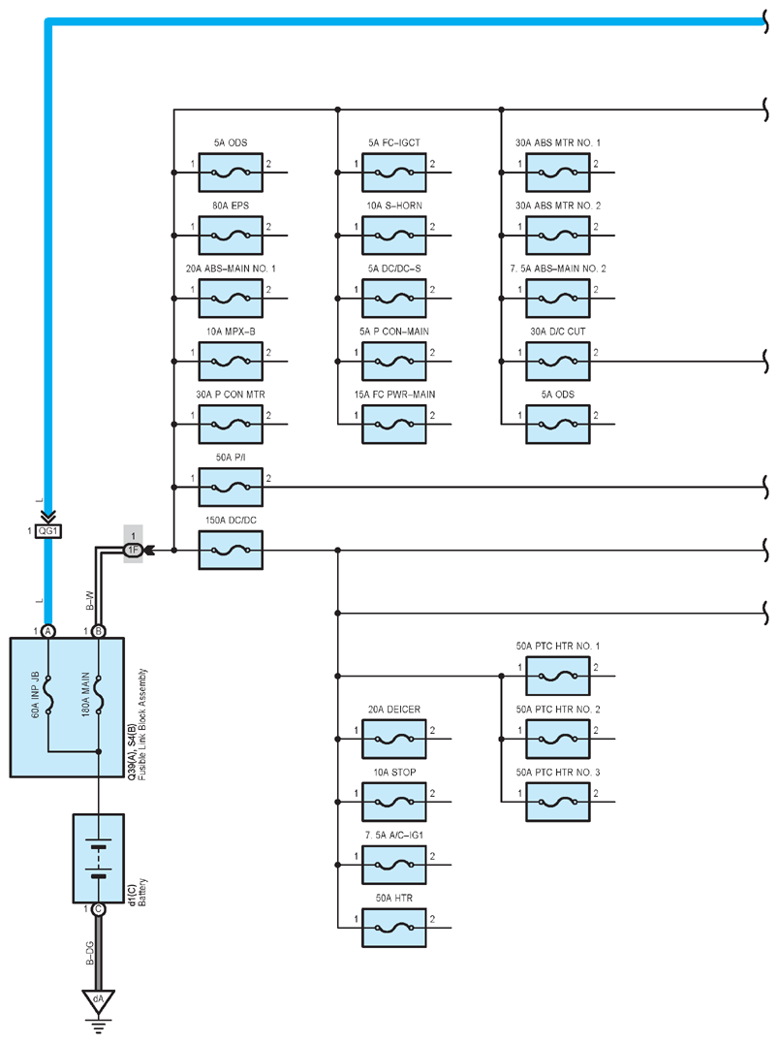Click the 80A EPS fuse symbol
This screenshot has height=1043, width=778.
tap(231, 236)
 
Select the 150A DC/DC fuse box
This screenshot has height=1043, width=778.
tap(231, 551)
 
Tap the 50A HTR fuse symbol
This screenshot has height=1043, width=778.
tap(394, 928)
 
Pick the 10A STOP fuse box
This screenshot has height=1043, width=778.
tap(394, 803)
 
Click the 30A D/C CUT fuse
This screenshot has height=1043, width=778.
tap(558, 362)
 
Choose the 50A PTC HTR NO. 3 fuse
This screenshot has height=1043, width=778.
tap(558, 803)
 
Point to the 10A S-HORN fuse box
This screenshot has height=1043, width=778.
tap(394, 236)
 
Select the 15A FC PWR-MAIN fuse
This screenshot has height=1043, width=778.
tap(394, 425)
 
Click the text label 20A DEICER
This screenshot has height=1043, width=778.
tap(394, 710)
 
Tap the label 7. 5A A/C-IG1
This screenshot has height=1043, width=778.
tap(394, 836)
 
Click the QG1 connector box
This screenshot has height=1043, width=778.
tap(47, 531)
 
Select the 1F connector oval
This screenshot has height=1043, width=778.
tap(133, 550)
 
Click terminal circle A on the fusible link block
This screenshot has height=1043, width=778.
tap(47, 631)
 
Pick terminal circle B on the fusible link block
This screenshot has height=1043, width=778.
tap(99, 631)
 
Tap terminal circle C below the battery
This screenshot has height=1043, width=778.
tap(99, 909)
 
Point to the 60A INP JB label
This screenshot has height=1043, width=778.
tap(35, 694)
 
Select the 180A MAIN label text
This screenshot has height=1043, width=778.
tap(86, 694)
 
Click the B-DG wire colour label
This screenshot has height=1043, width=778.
tap(90, 953)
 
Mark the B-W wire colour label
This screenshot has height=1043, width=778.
tap(90, 601)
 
